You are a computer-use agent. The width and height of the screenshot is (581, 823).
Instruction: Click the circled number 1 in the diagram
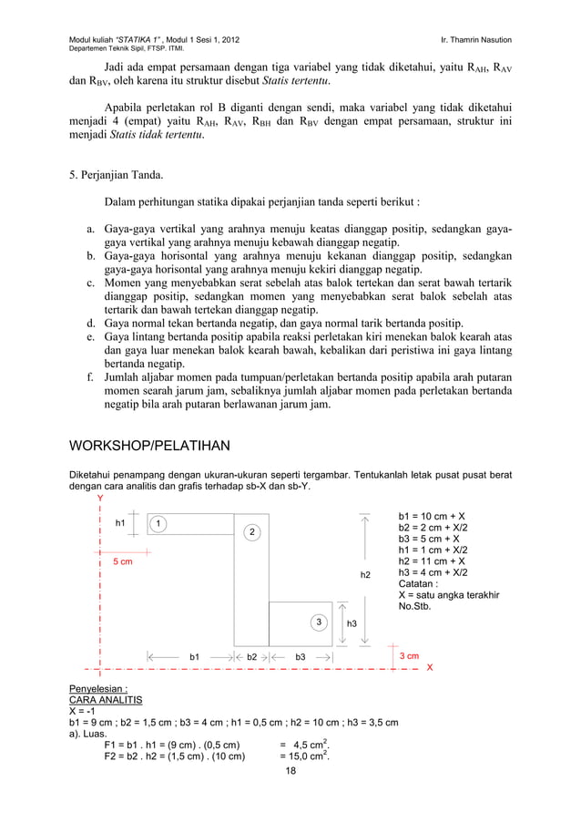pos(158,523)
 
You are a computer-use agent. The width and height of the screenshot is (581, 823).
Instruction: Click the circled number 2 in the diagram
pos(251,531)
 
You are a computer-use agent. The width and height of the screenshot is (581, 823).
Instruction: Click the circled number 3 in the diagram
pos(319,622)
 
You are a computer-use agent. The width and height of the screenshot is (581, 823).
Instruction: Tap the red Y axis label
pos(100,498)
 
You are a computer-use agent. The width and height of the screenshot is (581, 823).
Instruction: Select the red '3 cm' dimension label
pos(406,655)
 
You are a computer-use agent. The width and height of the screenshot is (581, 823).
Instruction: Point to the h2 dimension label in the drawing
pos(365,575)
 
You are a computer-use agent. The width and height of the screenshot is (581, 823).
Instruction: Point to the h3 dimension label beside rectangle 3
pos(352,623)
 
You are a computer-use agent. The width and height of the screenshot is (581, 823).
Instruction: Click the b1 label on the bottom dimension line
pos(194,655)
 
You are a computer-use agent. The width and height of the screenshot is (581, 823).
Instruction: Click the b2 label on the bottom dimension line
pos(252,655)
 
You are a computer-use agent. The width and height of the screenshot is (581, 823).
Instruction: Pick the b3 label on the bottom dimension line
pos(300,655)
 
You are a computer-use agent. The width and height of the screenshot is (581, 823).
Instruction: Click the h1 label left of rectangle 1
pos(119,523)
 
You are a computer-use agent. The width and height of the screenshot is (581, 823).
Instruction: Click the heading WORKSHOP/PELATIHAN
pos(149,447)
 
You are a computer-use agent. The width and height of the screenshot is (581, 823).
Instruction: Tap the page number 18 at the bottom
pos(290,772)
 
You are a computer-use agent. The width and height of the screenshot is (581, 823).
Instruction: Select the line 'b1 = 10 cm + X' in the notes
pos(433,515)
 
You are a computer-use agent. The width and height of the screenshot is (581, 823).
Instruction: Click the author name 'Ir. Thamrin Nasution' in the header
pos(488,40)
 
